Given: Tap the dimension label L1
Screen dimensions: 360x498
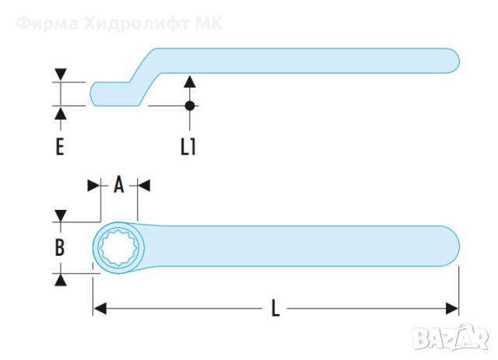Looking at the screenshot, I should click(188, 146).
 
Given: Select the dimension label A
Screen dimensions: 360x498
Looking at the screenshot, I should click(119, 185).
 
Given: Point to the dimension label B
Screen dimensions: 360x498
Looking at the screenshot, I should click(60, 248).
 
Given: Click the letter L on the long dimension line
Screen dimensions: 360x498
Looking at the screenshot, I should click(275, 308).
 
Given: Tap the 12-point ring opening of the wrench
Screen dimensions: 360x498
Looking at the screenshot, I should click(118, 248).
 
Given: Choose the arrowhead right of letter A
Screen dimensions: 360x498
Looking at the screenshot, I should click(143, 185).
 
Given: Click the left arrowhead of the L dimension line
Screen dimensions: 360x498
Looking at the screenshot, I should click(99, 309).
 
